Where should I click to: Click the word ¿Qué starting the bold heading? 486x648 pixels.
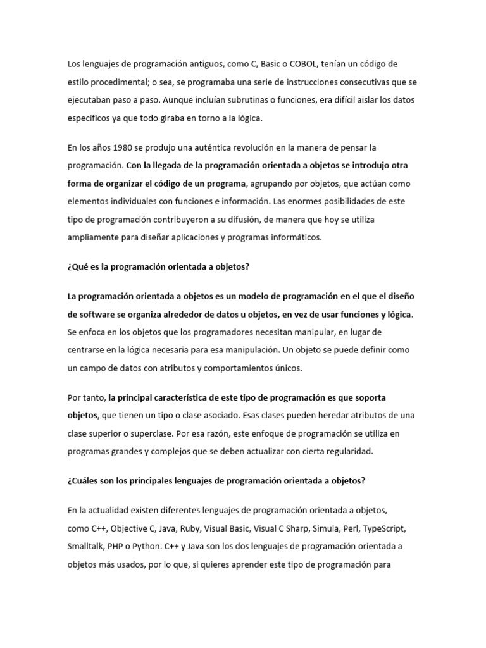[x=78, y=266]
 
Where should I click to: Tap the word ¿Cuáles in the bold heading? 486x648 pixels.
[x=84, y=480]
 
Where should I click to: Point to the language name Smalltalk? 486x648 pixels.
[x=87, y=546]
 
